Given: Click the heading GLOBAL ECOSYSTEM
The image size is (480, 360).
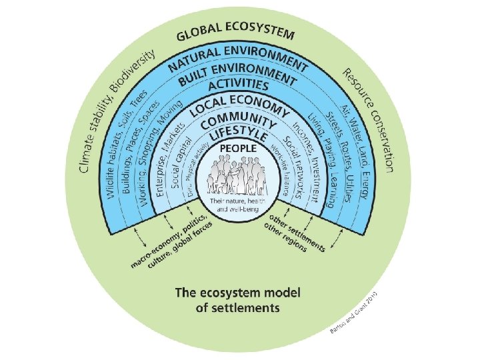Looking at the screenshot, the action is point(237,35).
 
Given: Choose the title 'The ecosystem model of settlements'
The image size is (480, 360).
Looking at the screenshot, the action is point(237,300).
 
